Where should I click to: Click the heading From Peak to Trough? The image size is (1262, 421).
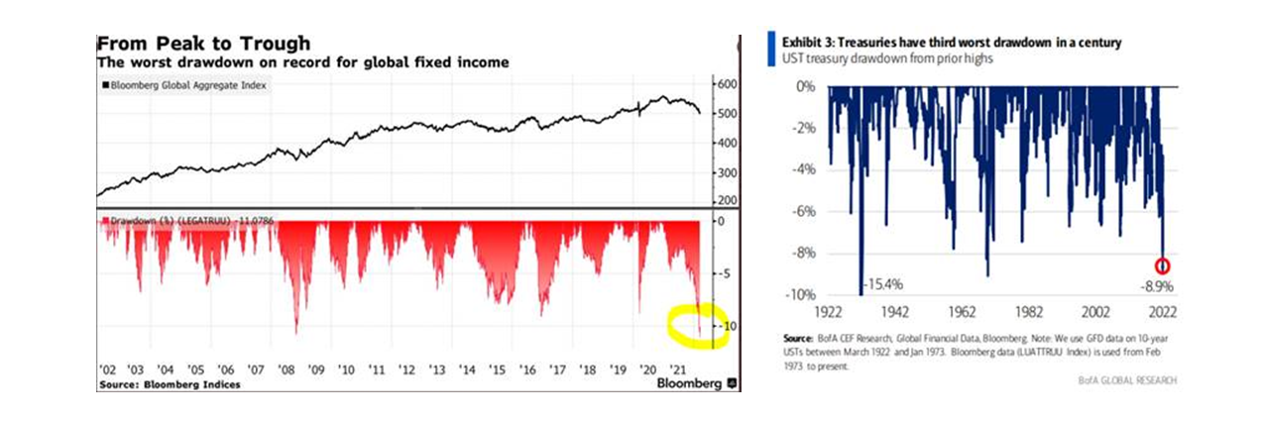(x=202, y=44)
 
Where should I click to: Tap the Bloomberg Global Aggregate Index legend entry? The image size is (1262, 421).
(x=187, y=85)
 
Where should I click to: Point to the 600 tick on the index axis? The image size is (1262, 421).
(x=729, y=84)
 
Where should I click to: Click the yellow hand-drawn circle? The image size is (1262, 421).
(x=698, y=327)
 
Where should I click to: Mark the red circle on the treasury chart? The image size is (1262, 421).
(x=1163, y=265)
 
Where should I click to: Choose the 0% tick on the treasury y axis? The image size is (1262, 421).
(x=804, y=86)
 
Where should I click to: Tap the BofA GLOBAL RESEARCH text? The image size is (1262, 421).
(x=1130, y=380)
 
